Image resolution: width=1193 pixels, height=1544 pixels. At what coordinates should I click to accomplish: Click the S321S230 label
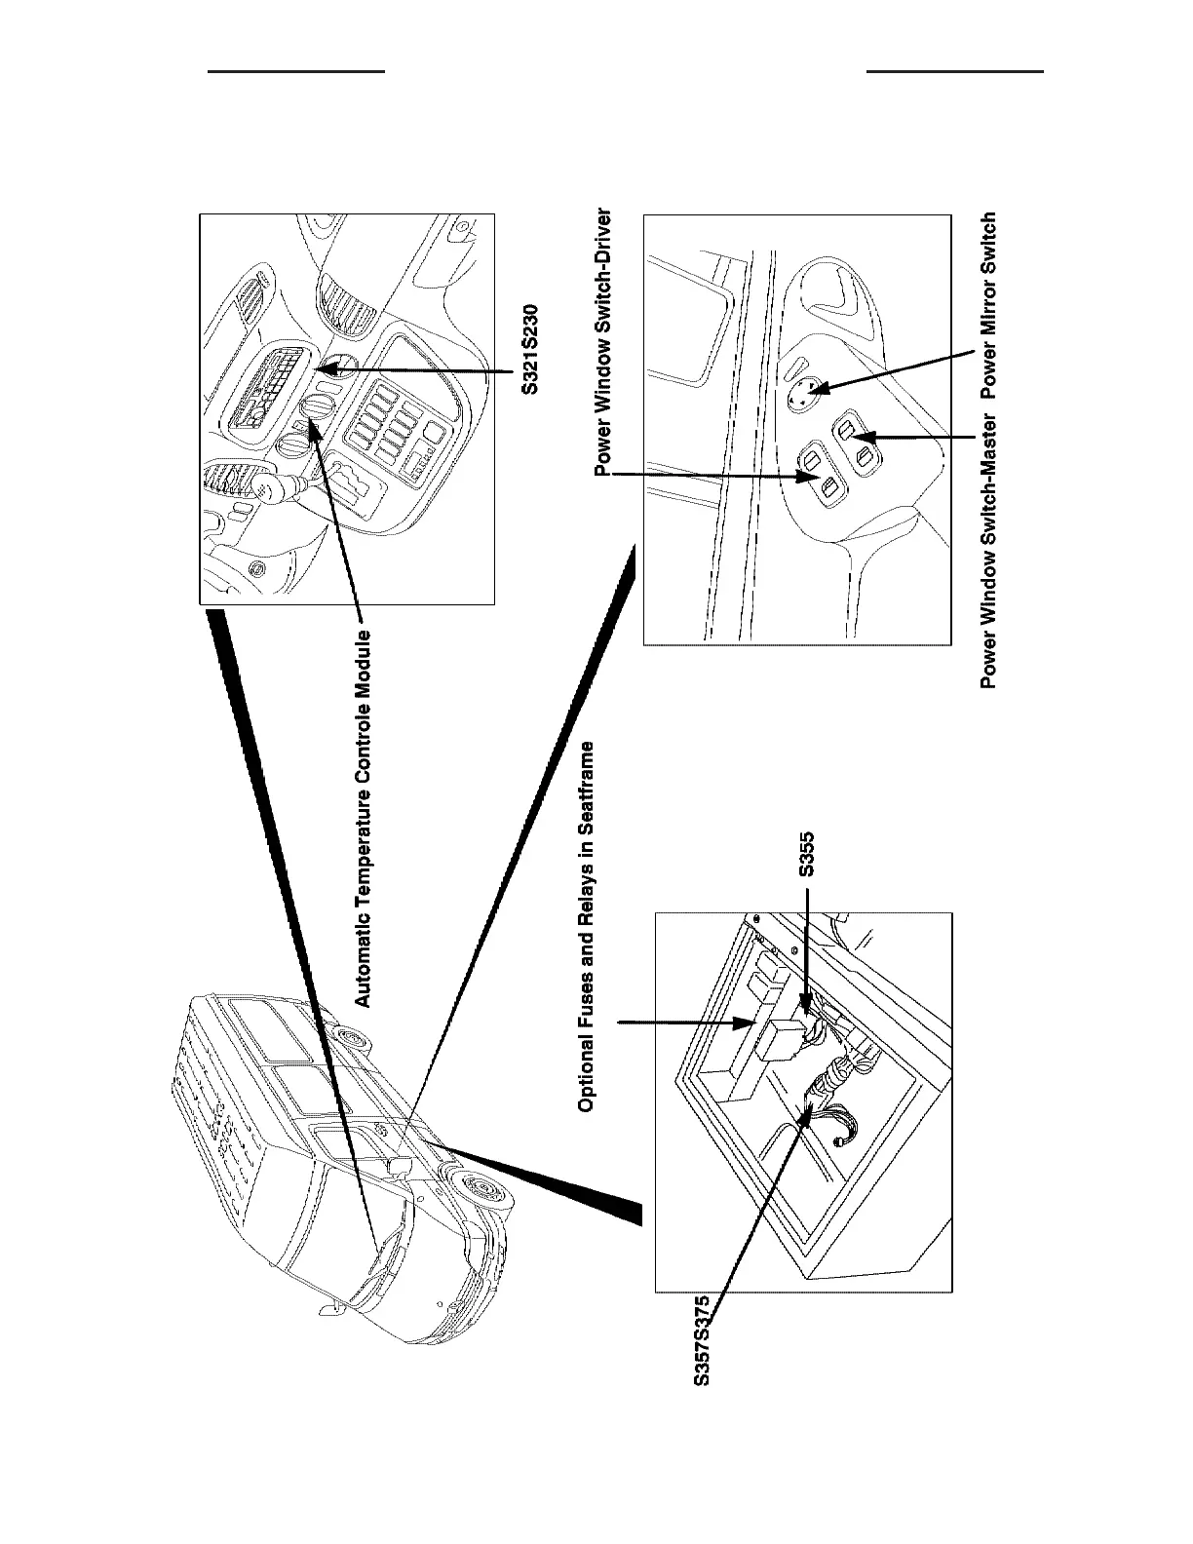coord(527,351)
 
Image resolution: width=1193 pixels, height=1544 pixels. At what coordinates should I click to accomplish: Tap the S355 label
coord(807,855)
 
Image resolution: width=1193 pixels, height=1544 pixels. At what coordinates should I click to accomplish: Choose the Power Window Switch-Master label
coord(988,551)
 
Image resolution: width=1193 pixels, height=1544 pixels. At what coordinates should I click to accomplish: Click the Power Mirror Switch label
coord(988,304)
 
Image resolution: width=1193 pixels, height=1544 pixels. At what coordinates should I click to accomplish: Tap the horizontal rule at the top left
coord(299,71)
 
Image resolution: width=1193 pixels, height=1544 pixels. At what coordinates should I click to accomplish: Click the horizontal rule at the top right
coord(954,71)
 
